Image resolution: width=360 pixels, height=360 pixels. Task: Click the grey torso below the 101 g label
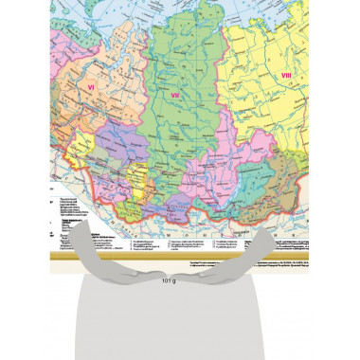[180, 322]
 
